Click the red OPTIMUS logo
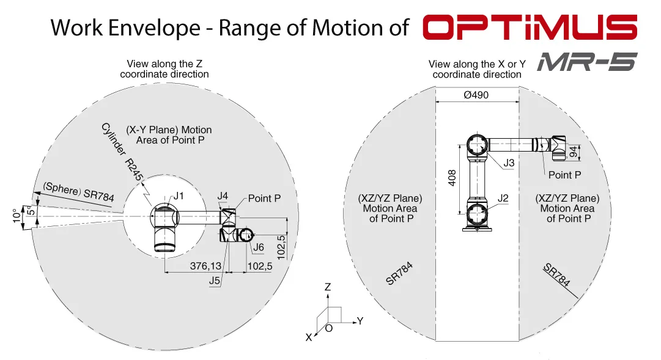(530, 28)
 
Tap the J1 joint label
(179, 196)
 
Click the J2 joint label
(503, 198)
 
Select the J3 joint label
(509, 163)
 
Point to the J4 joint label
(223, 196)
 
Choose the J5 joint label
(215, 281)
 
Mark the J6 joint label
(258, 247)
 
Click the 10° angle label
(16, 215)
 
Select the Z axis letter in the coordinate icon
(328, 287)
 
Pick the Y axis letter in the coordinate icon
(360, 320)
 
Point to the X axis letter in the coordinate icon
(309, 337)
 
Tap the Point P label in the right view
(564, 175)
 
